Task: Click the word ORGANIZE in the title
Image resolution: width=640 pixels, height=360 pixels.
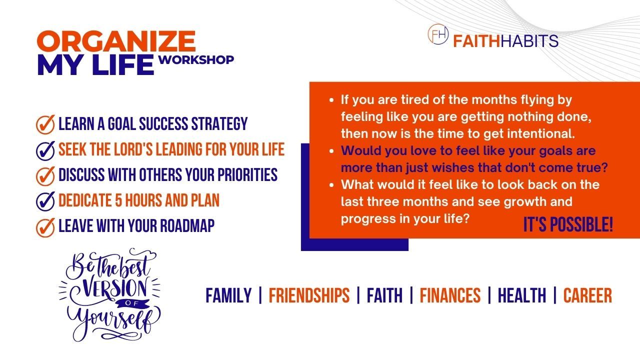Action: (116, 41)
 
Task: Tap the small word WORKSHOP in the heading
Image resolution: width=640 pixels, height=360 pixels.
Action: (196, 59)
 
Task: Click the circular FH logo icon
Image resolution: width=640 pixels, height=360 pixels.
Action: (438, 34)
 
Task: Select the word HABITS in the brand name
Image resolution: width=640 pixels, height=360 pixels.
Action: (529, 41)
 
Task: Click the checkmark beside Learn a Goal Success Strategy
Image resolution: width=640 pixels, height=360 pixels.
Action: (45, 124)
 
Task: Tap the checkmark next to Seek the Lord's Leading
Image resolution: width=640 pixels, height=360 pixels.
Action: (45, 150)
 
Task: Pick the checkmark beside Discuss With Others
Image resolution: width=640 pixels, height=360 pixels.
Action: (45, 175)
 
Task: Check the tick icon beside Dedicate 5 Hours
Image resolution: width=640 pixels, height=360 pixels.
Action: (45, 201)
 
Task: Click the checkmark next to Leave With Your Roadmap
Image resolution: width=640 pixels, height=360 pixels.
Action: (45, 227)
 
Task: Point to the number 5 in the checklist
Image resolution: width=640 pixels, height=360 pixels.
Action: (118, 200)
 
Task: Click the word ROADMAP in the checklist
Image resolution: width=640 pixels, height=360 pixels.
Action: (187, 225)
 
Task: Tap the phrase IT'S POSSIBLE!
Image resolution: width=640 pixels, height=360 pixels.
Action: (568, 224)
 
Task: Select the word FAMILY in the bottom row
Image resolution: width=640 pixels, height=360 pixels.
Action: (228, 295)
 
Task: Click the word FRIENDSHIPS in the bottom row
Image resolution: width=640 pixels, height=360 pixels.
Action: (309, 295)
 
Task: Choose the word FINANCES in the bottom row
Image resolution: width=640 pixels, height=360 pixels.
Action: (450, 295)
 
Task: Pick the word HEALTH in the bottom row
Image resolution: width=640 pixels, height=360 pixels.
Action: (521, 295)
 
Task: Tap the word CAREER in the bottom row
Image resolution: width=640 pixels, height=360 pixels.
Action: (587, 295)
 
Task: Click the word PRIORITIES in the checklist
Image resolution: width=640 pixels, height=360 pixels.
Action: (247, 174)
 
